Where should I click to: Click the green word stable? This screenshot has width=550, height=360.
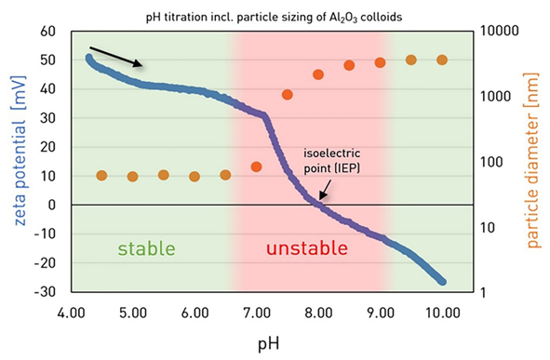click(146, 248)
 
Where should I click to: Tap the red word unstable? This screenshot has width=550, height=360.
click(307, 248)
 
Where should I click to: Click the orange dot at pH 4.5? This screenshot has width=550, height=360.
click(101, 176)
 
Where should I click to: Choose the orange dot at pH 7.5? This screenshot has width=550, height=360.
click(287, 94)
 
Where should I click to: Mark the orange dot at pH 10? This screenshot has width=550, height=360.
click(441, 60)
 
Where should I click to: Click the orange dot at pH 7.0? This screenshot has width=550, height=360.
click(256, 167)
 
